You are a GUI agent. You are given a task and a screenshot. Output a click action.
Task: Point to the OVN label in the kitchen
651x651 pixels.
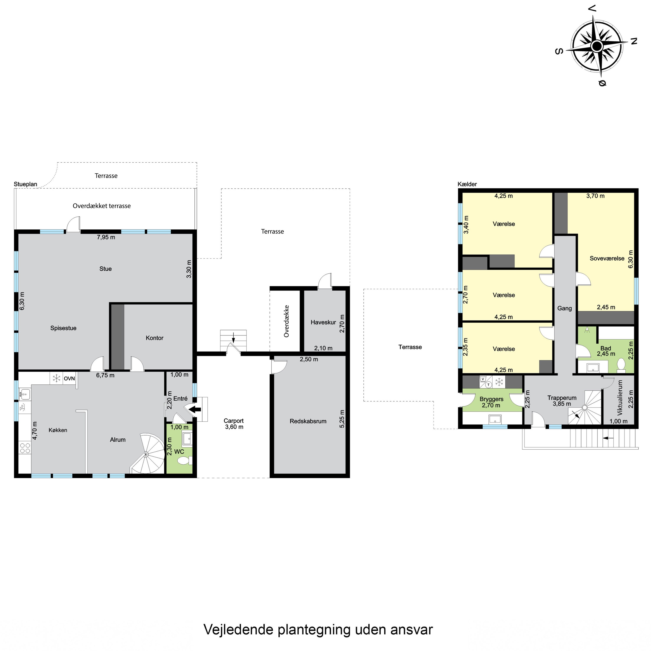[x=69, y=378]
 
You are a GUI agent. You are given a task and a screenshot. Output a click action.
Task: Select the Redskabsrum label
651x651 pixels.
[x=308, y=421]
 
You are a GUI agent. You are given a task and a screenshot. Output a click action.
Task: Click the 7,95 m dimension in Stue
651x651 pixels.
[x=106, y=237]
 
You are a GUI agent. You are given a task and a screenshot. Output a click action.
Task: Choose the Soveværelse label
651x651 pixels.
[x=607, y=258]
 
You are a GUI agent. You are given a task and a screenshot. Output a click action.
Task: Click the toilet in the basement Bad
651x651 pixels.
[x=621, y=364]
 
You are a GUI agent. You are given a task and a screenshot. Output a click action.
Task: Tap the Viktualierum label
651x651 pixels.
[x=620, y=397]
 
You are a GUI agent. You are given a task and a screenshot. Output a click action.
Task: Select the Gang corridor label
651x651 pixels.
[x=564, y=308]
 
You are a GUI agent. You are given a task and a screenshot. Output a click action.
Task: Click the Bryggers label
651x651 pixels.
[x=491, y=399]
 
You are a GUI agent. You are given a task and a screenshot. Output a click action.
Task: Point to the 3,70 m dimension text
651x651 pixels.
[x=595, y=196]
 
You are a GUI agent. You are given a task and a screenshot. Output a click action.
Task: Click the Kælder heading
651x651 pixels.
[x=467, y=184]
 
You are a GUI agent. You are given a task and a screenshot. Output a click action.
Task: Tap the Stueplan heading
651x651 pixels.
[x=26, y=184]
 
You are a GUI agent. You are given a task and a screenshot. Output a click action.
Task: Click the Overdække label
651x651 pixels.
[x=286, y=321]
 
